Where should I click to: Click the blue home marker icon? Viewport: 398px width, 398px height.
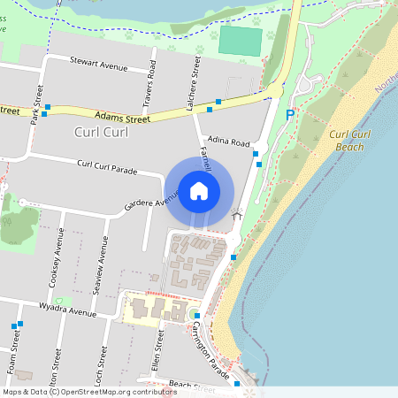click(x=199, y=190)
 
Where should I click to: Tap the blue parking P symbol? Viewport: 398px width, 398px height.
click(x=290, y=115)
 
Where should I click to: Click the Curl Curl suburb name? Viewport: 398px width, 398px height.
click(x=90, y=132)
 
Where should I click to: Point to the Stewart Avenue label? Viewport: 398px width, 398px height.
click(x=98, y=64)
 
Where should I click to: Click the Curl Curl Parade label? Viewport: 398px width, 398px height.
click(x=106, y=165)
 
